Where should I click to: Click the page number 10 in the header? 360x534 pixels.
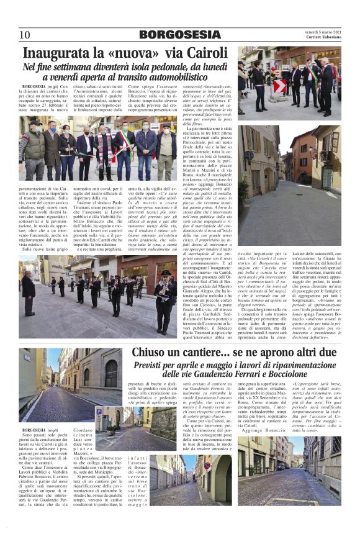(x=24, y=35)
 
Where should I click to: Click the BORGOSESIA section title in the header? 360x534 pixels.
(x=179, y=35)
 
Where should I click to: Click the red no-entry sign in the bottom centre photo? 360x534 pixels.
(x=190, y=467)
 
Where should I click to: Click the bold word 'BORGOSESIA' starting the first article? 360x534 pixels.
(x=32, y=87)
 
